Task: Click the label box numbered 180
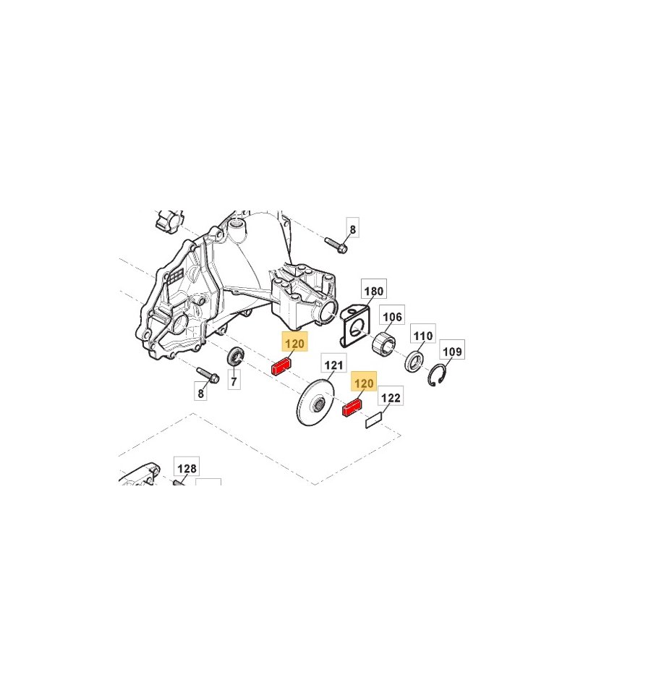[x=374, y=291]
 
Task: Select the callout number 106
[x=392, y=316]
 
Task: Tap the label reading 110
[x=422, y=336]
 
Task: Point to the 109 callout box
[x=452, y=352]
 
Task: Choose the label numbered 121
[x=333, y=365]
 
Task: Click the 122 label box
[x=391, y=398]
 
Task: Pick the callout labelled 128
[x=187, y=468]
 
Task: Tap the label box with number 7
[x=234, y=381]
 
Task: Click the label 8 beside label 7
[x=201, y=394]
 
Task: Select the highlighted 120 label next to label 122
[x=365, y=383]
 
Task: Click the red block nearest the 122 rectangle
[x=352, y=408]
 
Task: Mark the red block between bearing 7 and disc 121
[x=281, y=367]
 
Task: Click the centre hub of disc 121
[x=318, y=404]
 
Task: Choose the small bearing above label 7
[x=235, y=356]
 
